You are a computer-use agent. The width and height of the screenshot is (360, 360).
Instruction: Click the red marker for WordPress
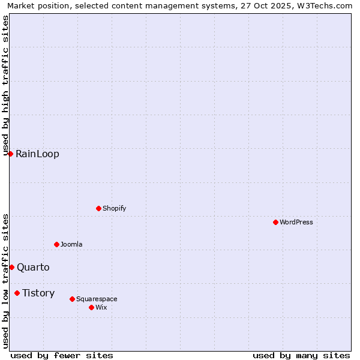point(275,222)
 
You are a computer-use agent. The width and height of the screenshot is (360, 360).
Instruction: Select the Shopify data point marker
point(98,208)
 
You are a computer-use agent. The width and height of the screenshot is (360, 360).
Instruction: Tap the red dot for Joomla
point(56,244)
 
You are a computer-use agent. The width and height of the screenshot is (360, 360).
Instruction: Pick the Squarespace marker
point(72,299)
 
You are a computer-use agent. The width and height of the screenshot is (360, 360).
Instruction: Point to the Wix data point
point(91,307)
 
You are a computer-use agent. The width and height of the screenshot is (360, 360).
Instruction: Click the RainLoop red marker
point(10,154)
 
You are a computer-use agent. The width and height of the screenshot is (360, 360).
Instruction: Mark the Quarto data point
point(11,267)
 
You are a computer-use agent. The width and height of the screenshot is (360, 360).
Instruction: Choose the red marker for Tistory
point(17,293)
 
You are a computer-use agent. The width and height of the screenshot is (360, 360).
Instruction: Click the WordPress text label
point(296,222)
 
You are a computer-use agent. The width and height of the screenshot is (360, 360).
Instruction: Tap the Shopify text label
point(115,208)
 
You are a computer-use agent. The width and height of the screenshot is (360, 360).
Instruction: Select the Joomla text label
point(71,244)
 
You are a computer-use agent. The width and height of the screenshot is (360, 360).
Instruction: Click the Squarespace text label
point(97,299)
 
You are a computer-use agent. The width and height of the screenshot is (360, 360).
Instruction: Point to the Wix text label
point(101,307)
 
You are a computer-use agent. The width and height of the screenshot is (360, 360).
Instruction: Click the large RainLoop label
point(37,154)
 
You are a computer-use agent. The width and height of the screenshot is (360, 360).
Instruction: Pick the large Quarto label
point(33,268)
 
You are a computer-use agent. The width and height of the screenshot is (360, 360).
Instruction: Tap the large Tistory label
point(38,293)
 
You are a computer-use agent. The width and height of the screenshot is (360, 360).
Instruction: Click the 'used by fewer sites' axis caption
point(62,355)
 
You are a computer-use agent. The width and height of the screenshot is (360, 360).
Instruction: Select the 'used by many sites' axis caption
point(301,355)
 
